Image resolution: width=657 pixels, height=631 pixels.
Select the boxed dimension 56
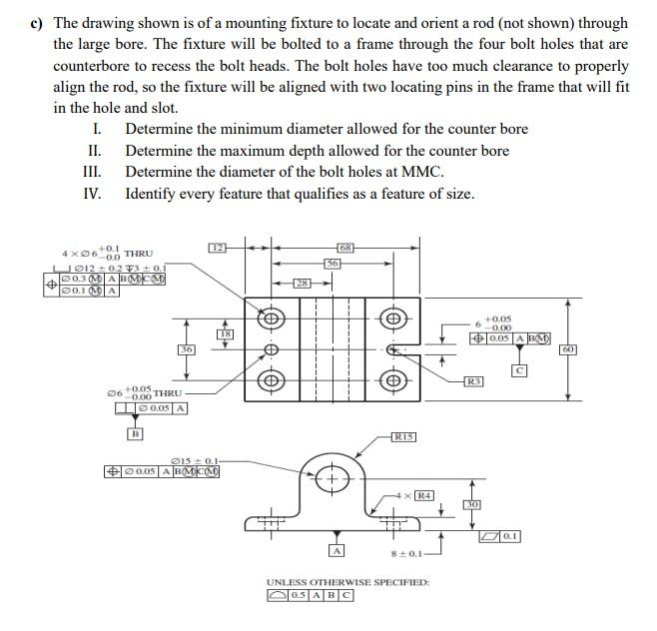(332, 262)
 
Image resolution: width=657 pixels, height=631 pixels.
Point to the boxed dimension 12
(217, 247)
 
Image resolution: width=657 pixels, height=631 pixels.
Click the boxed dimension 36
(187, 349)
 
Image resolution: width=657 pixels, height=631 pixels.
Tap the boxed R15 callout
(403, 436)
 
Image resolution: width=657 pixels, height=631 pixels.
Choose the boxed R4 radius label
(423, 495)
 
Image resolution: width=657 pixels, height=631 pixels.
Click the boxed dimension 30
(473, 505)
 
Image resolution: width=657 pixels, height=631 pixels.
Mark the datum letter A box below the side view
(337, 550)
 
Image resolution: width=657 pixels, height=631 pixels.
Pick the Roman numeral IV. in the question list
(93, 193)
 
